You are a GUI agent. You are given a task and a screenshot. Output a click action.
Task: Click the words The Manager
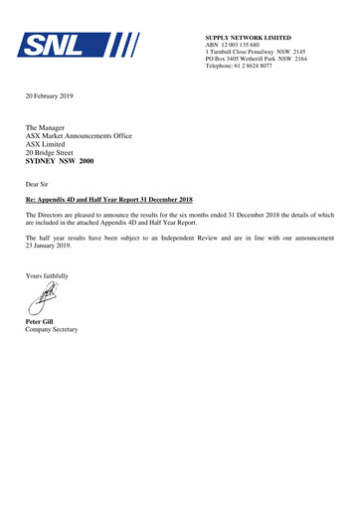coord(46,129)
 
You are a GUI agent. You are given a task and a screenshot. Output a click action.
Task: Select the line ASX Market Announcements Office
coord(81,137)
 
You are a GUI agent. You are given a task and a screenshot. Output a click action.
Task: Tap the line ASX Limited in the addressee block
coord(49,145)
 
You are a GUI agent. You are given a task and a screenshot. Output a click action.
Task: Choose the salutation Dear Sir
coord(39,185)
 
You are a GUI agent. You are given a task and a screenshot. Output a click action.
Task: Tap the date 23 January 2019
coord(51,248)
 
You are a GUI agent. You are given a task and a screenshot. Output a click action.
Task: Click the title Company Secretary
coord(52,330)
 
